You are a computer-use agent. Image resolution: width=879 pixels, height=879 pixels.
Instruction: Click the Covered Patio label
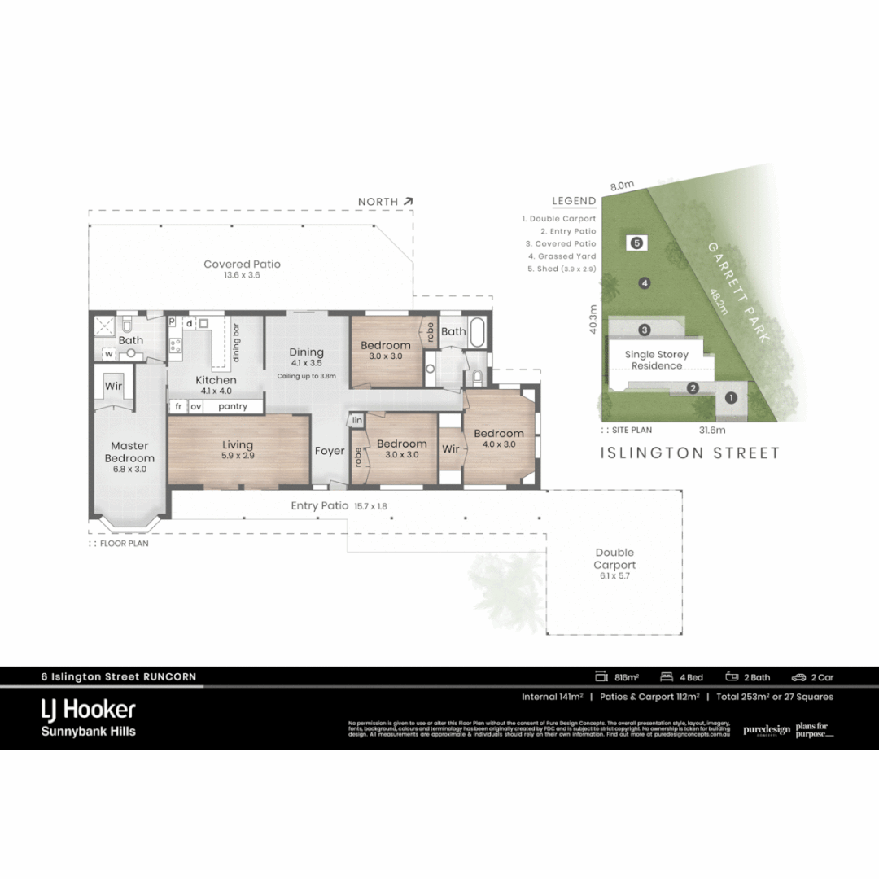coord(242,265)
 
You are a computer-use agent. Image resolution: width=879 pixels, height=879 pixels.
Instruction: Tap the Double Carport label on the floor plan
coord(614,558)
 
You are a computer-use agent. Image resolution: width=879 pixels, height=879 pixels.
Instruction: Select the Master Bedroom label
coord(129,452)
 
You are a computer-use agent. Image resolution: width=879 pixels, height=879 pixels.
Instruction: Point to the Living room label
coord(238,445)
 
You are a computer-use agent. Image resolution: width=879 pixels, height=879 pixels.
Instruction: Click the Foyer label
coord(330,451)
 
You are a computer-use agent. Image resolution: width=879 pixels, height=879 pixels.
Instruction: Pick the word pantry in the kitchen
coord(233,406)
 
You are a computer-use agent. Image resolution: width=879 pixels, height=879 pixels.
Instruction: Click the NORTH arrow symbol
coord(408,201)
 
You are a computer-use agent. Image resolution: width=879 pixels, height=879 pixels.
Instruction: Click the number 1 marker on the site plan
coord(730,398)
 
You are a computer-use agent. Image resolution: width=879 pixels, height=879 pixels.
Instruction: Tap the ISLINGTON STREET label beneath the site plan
coord(689,453)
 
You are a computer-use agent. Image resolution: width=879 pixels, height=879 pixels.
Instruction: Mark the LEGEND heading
coord(574,201)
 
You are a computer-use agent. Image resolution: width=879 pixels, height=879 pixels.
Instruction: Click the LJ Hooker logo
coord(89,709)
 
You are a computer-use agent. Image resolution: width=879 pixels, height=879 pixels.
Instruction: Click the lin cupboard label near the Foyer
coord(356,420)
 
